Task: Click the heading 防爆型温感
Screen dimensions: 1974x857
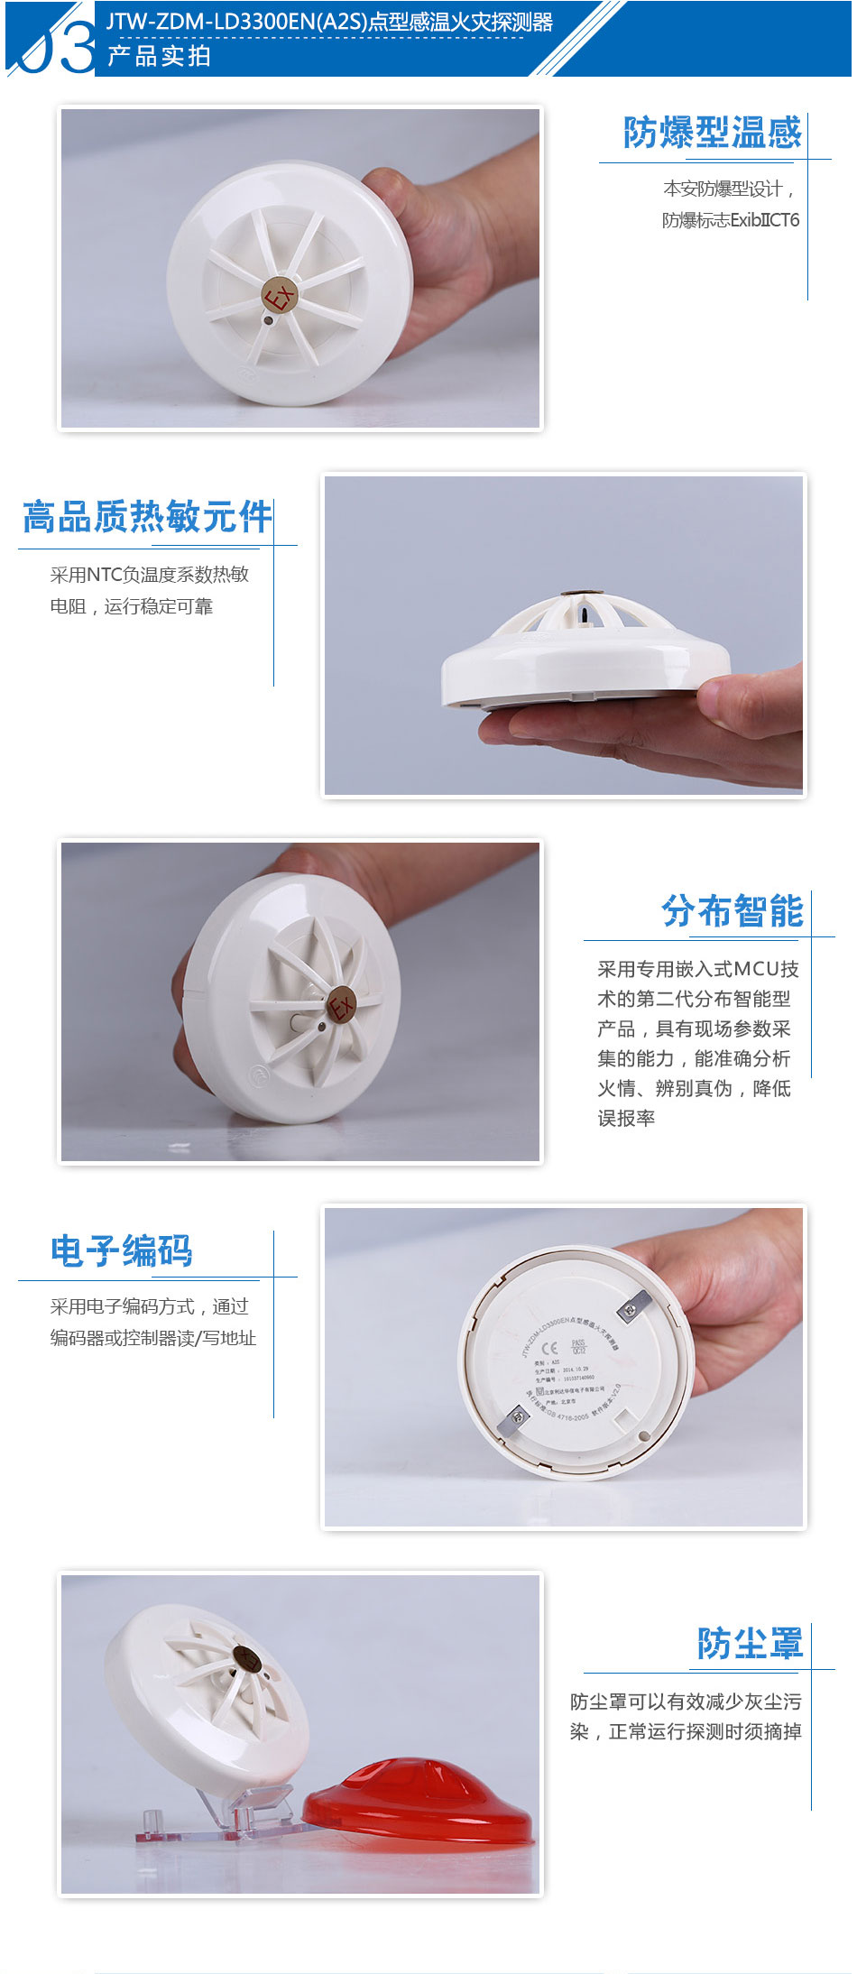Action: (x=712, y=133)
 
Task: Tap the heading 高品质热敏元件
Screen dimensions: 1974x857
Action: (x=147, y=517)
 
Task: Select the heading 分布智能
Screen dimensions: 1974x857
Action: (x=732, y=911)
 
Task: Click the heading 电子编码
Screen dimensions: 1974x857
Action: (x=122, y=1250)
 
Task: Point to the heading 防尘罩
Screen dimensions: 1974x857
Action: (x=749, y=1643)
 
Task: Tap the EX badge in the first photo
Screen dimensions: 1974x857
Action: (x=280, y=295)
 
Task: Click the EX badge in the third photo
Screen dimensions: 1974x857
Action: (x=342, y=1004)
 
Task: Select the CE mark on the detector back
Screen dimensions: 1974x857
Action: (x=548, y=1350)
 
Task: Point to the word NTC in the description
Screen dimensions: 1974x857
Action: (x=104, y=575)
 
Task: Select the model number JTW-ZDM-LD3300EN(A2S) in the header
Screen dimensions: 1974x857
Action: (x=237, y=23)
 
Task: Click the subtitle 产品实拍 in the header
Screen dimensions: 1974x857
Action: (x=159, y=56)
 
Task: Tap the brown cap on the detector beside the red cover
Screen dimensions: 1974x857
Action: (x=246, y=1655)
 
